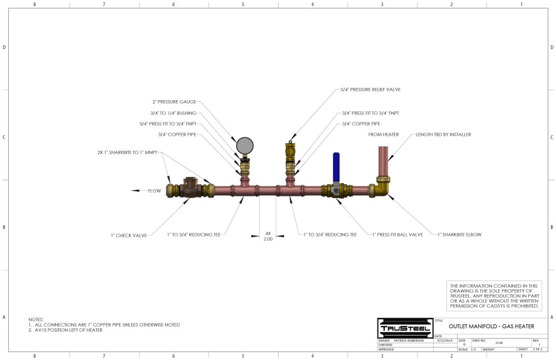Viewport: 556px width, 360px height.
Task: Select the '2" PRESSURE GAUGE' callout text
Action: (174, 102)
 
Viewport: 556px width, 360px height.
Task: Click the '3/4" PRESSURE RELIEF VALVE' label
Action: (370, 89)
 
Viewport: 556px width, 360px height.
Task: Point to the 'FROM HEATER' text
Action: (383, 135)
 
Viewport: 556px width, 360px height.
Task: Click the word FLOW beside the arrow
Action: (154, 191)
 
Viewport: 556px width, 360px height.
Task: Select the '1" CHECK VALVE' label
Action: (128, 235)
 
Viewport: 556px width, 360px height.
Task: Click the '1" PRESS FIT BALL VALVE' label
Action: (398, 235)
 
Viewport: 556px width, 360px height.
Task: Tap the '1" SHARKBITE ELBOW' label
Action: (459, 235)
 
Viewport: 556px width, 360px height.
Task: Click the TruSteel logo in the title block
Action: (404, 328)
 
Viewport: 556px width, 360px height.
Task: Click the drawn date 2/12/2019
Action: (446, 340)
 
